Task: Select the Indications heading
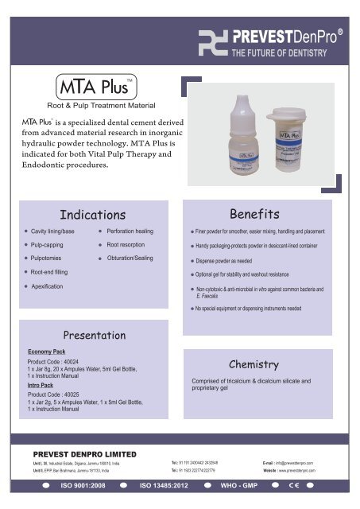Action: (93, 215)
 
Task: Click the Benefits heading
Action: (254, 214)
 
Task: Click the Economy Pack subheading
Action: (46, 350)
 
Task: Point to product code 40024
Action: (56, 362)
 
